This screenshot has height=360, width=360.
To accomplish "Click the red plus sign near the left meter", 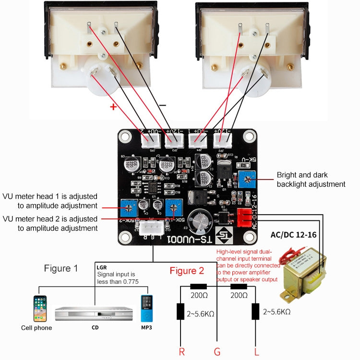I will [x=113, y=107].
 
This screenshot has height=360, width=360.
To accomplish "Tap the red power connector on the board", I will [x=245, y=218].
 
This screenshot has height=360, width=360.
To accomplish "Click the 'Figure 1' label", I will [x=61, y=268].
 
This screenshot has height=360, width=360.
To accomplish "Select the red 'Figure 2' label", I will [x=187, y=271].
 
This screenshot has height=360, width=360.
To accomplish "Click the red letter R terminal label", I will [x=181, y=352].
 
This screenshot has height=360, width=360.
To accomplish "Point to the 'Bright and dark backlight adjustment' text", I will [x=311, y=180].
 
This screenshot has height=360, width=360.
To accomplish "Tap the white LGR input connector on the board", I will [x=152, y=228].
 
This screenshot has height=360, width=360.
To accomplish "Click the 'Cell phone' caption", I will [x=36, y=328].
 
